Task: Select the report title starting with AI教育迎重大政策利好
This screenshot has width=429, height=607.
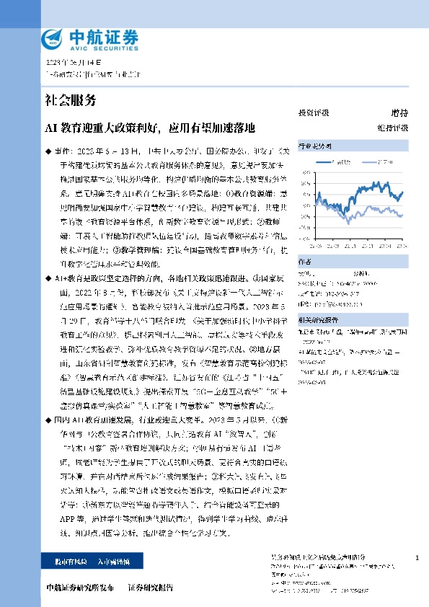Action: pos(149,128)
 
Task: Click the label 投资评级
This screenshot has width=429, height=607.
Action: pos(314,113)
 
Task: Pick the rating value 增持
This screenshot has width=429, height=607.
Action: pos(399,113)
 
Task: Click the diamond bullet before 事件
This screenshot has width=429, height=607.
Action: pos(48,152)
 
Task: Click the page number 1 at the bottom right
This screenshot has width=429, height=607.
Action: pos(417,558)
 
